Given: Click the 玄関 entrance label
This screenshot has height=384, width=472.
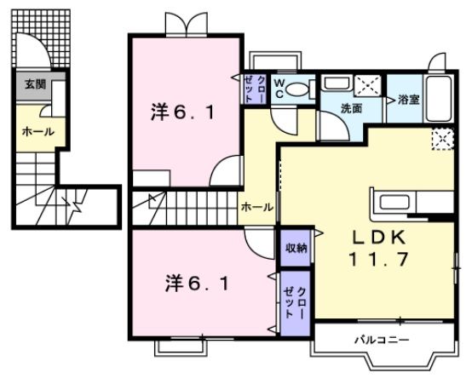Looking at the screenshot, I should tap(35, 84).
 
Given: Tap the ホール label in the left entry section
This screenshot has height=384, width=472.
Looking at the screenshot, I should tap(37, 132).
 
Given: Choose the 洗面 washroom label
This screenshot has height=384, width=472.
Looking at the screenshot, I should tap(352, 108).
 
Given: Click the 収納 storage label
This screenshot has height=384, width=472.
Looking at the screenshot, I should tap(296, 247).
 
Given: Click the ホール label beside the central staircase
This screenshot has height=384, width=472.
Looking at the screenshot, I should tap(256, 207).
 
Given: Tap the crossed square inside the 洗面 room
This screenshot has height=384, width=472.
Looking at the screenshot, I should tap(368, 84).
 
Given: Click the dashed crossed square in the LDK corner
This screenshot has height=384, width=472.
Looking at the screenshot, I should tap(441, 139).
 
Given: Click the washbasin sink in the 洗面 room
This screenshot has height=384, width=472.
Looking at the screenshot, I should tap(337, 83).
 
